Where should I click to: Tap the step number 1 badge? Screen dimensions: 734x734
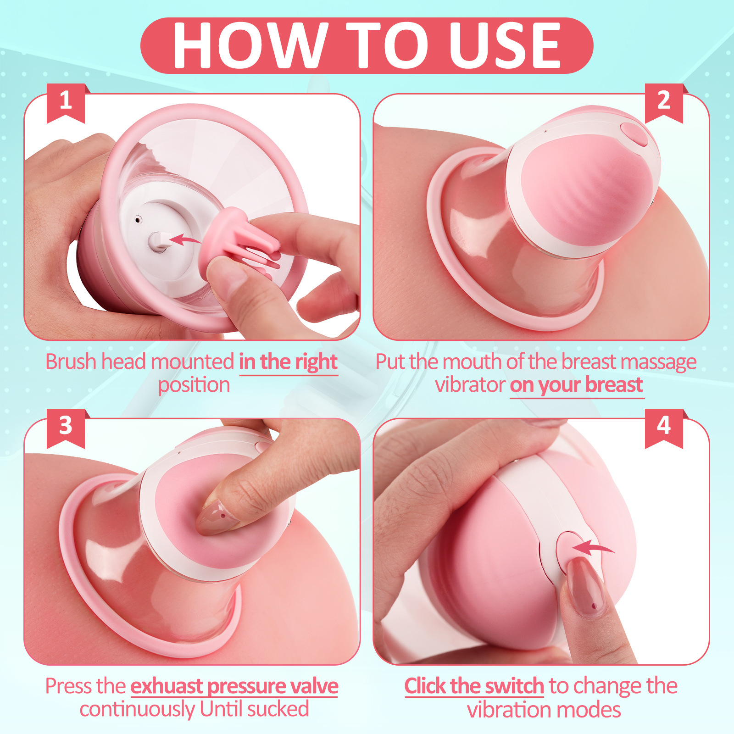point(66,101)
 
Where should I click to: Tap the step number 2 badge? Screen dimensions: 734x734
point(663,101)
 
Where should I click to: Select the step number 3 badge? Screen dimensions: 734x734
point(66,426)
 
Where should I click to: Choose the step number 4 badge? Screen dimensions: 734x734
point(663,426)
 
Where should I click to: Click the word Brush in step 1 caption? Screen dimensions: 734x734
point(71,362)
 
